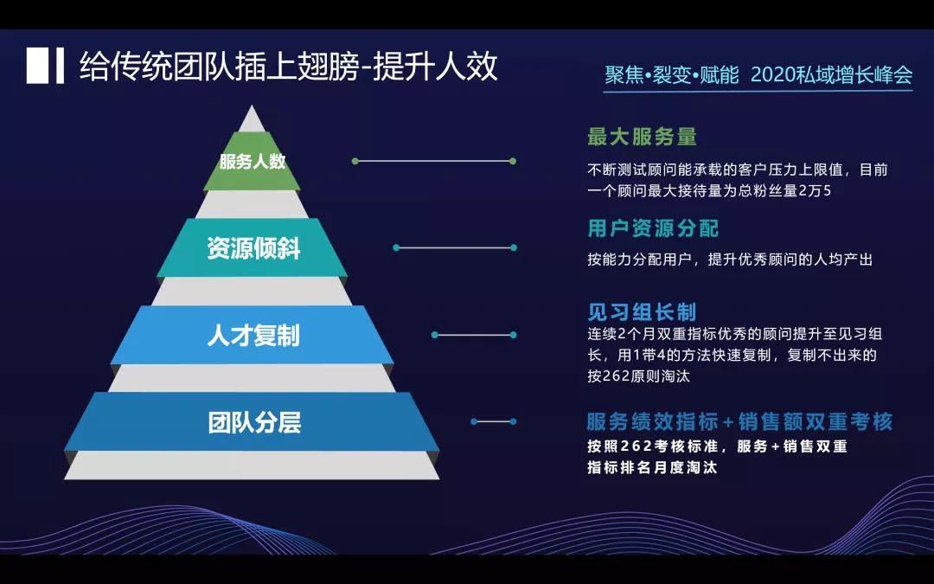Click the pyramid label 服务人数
coord(253,162)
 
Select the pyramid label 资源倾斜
coord(253,248)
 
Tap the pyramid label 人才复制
coord(253,335)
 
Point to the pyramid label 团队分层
coord(253,422)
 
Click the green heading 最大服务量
coord(642,137)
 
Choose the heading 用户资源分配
coord(653,228)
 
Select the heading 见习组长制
coord(642,311)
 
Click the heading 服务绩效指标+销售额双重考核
coord(739,422)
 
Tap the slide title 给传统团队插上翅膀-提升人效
coord(289,67)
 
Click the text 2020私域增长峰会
coord(831,75)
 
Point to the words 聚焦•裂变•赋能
coord(672,75)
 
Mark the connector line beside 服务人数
coord(432,161)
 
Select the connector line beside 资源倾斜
coord(454,247)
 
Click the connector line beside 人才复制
coord(473,335)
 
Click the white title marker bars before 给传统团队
coord(46,67)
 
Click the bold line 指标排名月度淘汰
coord(652,468)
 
